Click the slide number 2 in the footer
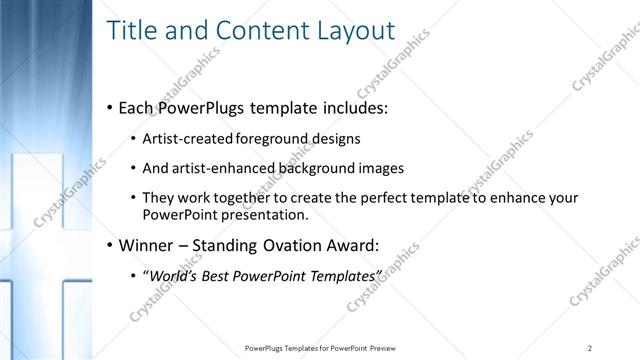click(x=590, y=347)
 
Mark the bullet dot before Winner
click(x=110, y=245)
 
